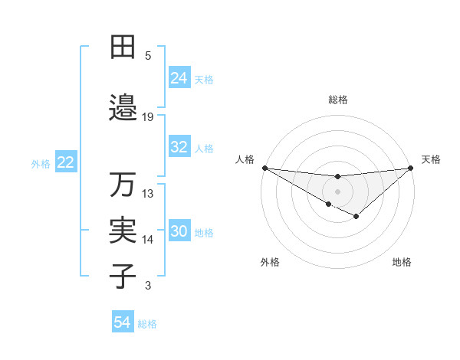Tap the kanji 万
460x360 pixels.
click(x=123, y=185)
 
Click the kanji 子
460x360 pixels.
click(x=123, y=276)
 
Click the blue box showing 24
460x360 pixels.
click(x=179, y=78)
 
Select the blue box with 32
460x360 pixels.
click(x=179, y=148)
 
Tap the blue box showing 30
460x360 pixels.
click(x=179, y=232)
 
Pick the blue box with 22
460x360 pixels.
click(x=66, y=162)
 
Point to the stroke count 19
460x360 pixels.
click(x=148, y=117)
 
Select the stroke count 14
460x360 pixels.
click(x=148, y=240)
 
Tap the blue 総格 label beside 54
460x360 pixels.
click(x=147, y=324)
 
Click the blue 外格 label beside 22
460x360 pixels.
click(x=41, y=163)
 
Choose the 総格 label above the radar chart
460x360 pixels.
click(x=337, y=100)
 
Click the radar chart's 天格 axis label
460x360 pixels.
click(x=432, y=159)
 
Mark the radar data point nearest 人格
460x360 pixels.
click(x=264, y=168)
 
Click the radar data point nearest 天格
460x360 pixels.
click(x=411, y=168)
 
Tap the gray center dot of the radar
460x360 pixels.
click(x=337, y=191)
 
